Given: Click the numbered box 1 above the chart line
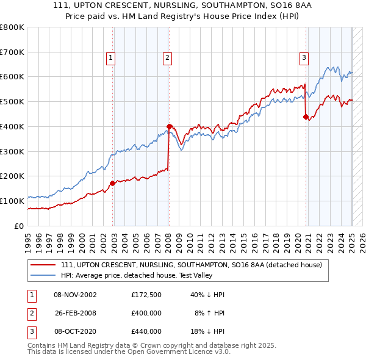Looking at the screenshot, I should tap(110, 58).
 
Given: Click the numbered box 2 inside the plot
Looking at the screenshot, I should tap(167, 58).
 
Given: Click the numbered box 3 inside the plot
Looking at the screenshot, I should tap(303, 58).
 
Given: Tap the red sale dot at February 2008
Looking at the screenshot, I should tap(169, 126).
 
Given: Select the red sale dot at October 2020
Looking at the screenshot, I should tap(306, 117).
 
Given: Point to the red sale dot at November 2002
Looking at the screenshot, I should tap(112, 183).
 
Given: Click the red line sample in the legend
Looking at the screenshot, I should tap(43, 265).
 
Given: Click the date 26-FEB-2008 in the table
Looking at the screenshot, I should tap(75, 313).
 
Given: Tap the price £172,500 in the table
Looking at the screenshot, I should tap(146, 295).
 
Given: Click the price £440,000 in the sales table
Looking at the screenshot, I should tap(146, 331).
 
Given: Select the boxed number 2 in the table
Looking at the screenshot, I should tap(30, 313).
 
